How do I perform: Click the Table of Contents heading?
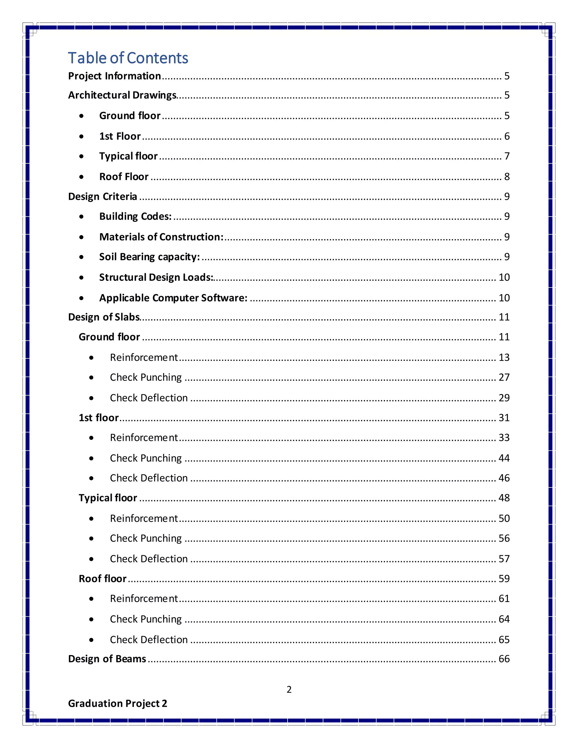[128, 58]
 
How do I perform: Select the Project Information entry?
[114, 76]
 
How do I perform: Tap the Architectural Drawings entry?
[122, 95]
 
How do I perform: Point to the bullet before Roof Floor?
[81, 177]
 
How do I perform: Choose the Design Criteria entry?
[102, 196]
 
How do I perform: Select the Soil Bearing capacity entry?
[149, 257]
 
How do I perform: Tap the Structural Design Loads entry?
[156, 277]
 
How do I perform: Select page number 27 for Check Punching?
[504, 377]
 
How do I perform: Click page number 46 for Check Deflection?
[504, 478]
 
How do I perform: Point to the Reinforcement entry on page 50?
[144, 518]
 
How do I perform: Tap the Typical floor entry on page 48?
[108, 498]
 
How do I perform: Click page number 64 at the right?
[504, 619]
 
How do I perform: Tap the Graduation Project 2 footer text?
[117, 703]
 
